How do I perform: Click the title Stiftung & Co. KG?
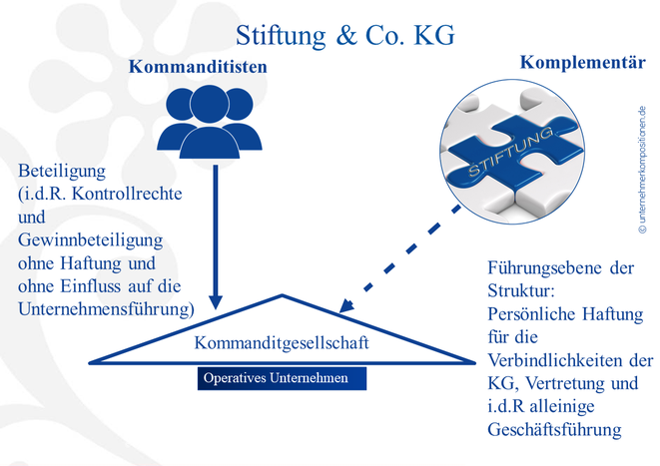[x=344, y=35]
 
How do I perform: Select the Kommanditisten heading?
[x=198, y=67]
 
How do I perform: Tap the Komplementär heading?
[x=583, y=63]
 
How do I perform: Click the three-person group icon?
[x=210, y=122]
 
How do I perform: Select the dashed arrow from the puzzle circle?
[x=399, y=259]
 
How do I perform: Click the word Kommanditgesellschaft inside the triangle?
[x=282, y=343]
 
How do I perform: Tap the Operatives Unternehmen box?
[x=282, y=378]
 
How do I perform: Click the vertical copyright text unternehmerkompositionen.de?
[x=642, y=170]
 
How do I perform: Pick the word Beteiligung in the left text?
[x=62, y=172]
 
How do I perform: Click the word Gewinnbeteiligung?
[x=90, y=240]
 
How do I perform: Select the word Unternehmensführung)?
[x=106, y=309]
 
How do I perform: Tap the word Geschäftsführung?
[x=554, y=430]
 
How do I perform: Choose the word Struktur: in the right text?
[x=520, y=291]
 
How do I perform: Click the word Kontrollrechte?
[x=127, y=194]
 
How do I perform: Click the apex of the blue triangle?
[x=283, y=295]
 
